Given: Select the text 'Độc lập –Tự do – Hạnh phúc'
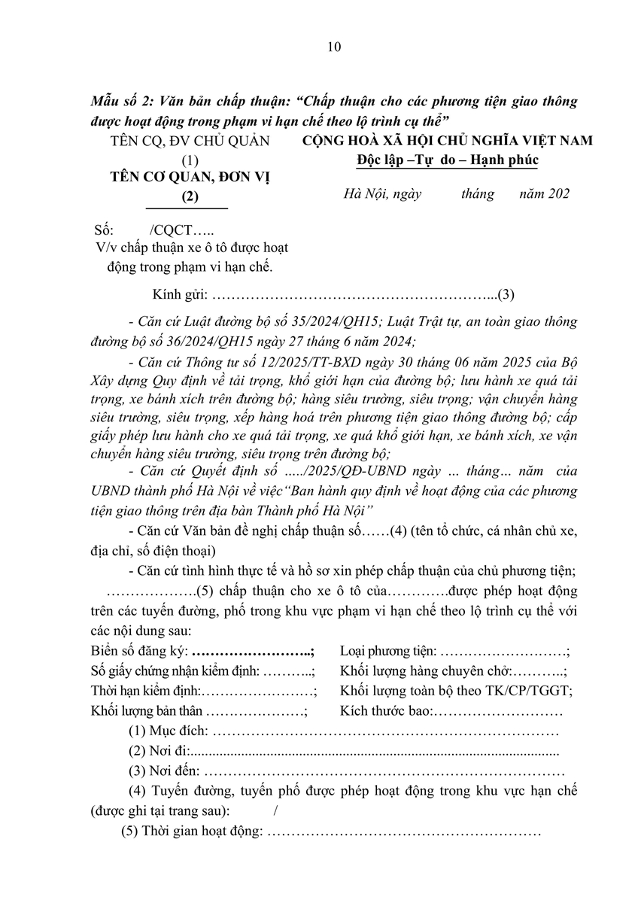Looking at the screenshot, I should pyautogui.click(x=448, y=160).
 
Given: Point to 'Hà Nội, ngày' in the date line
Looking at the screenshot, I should pyautogui.click(x=382, y=194).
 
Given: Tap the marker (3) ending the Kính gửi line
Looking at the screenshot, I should pyautogui.click(x=506, y=294).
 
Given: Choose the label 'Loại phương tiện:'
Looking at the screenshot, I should pyautogui.click(x=387, y=652).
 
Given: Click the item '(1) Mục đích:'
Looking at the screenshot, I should pyautogui.click(x=167, y=731).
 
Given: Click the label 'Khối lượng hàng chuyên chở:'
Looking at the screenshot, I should pyautogui.click(x=425, y=671).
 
